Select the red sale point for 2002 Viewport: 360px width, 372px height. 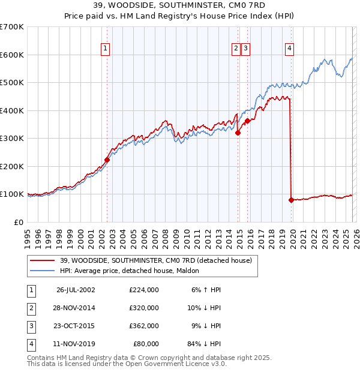107,160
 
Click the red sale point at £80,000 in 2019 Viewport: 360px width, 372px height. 292,200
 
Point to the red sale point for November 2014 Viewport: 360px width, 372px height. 238,133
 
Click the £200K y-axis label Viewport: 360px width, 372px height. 12,166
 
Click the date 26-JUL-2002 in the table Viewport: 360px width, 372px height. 76,290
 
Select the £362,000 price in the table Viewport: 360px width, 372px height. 143,326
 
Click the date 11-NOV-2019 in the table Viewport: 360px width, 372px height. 76,344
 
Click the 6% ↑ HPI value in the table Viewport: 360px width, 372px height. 206,290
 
